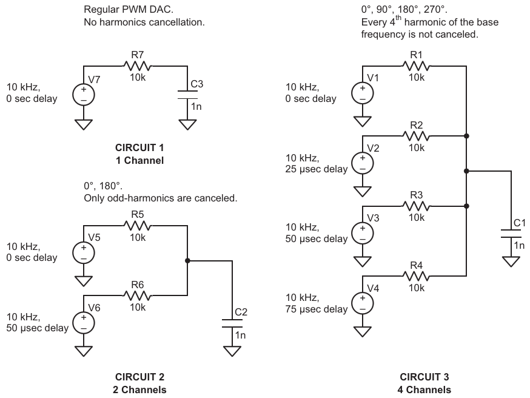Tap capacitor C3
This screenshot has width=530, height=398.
tap(188, 95)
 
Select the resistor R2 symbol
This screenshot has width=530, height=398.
tap(417, 136)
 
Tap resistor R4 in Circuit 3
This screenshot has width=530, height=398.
tap(417, 276)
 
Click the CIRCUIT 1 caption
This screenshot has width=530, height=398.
tap(139, 147)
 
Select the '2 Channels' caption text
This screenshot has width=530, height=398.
tap(139, 390)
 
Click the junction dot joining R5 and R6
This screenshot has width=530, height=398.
tap(187, 260)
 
